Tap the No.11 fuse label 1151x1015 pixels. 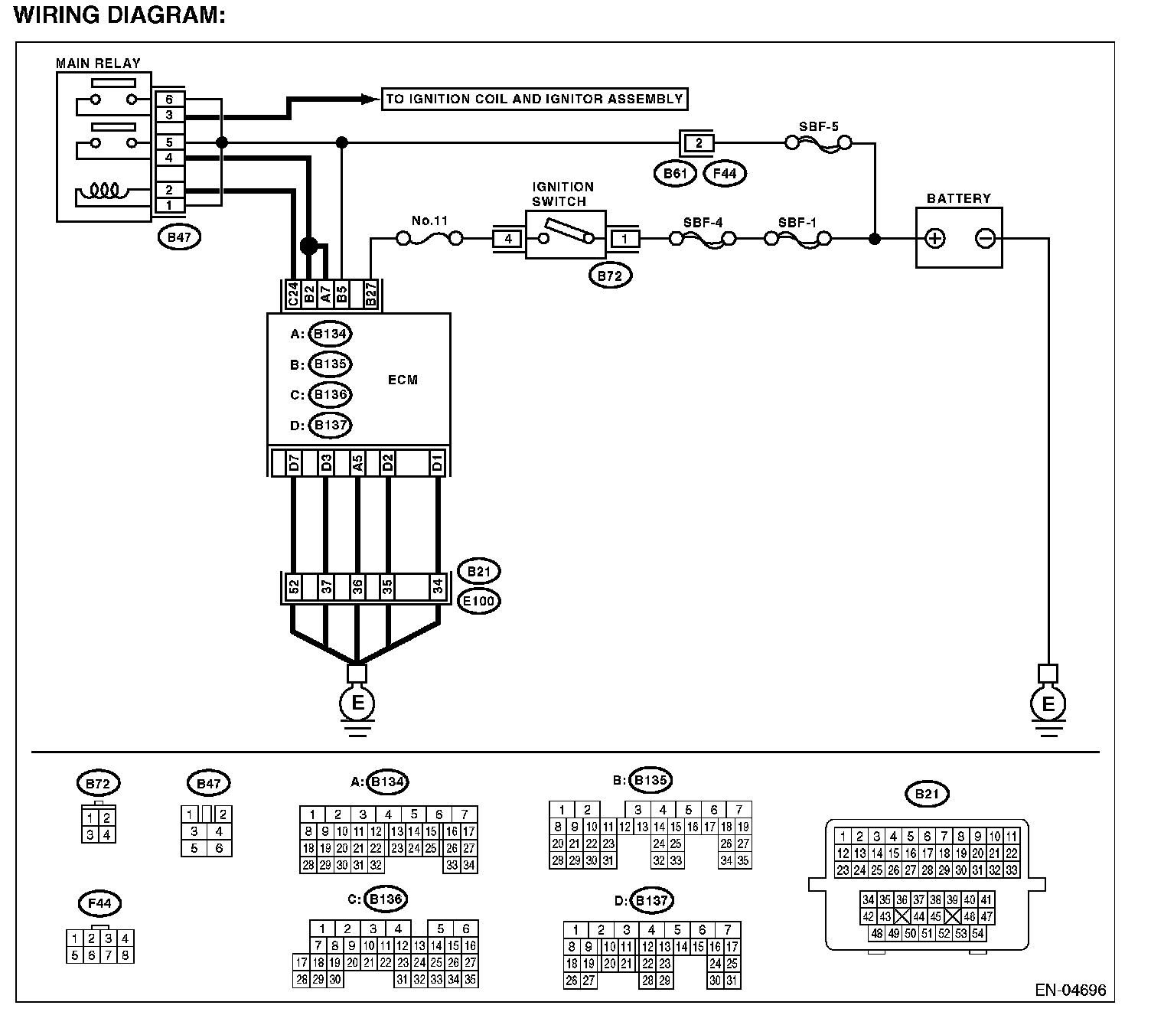pos(429,221)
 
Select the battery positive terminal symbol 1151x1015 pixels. pos(934,239)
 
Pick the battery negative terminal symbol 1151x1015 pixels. pos(986,239)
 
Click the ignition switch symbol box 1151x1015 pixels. pos(566,234)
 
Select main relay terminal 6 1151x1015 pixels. pos(169,100)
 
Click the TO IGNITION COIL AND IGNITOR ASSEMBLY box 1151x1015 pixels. pos(533,99)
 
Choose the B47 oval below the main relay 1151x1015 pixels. pos(179,237)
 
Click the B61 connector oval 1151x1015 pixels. pos(674,174)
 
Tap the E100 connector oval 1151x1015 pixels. pos(479,601)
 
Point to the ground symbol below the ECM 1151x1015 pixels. pos(357,704)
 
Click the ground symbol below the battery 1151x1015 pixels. pos(1048,704)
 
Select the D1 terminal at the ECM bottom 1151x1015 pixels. pos(437,463)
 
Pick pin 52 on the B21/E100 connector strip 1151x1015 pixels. pos(293,587)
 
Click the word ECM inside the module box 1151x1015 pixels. pos(403,380)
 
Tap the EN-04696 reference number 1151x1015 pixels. pos(1070,990)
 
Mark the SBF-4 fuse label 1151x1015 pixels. pos(703,223)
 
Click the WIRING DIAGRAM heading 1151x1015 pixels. pos(120,15)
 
